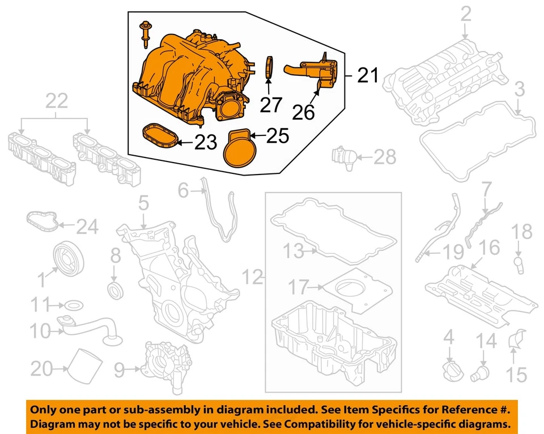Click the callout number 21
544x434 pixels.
coord(368,74)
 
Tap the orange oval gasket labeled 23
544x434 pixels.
coord(159,134)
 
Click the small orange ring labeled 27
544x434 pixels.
coord(270,66)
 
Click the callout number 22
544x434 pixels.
coord(56,102)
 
